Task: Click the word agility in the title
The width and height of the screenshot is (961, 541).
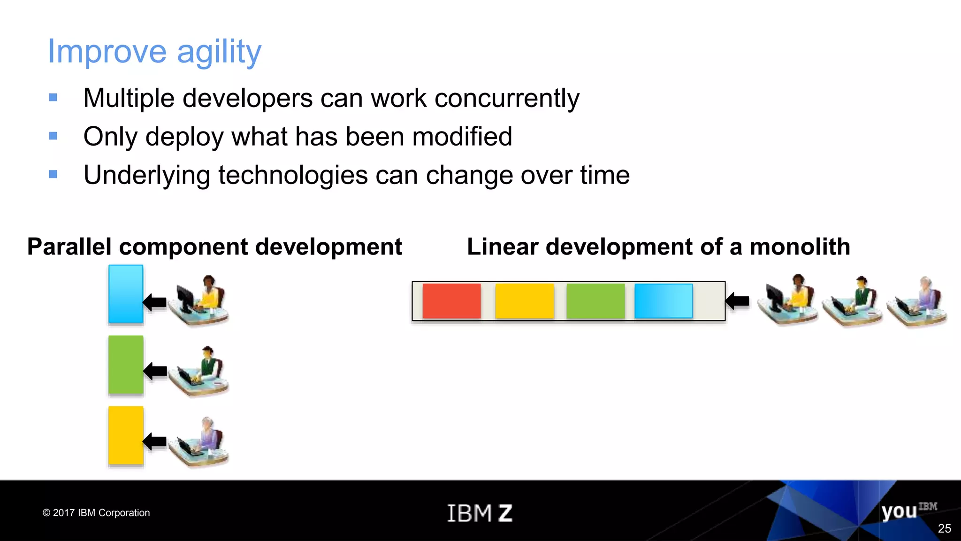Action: pyautogui.click(x=219, y=52)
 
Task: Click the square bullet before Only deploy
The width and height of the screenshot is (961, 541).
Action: pyautogui.click(x=53, y=136)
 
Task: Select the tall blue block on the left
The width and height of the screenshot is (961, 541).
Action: pyautogui.click(x=126, y=294)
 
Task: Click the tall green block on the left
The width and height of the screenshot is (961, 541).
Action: pyautogui.click(x=126, y=364)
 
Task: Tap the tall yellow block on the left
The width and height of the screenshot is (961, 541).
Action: pyautogui.click(x=126, y=435)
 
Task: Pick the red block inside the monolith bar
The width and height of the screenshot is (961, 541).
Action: pyautogui.click(x=451, y=301)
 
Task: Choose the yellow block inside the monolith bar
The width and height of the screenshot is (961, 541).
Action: pyautogui.click(x=524, y=301)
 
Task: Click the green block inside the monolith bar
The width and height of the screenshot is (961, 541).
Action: pyautogui.click(x=595, y=301)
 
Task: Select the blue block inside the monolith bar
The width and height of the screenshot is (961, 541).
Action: pyautogui.click(x=663, y=301)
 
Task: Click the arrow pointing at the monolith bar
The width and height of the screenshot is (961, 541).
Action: pyautogui.click(x=737, y=301)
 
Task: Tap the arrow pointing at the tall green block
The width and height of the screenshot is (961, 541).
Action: pyautogui.click(x=155, y=371)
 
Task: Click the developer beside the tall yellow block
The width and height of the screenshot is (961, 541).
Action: pyautogui.click(x=199, y=441)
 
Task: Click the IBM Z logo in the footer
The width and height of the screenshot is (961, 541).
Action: pyautogui.click(x=480, y=513)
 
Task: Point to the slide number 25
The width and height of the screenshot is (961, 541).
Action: pyautogui.click(x=944, y=528)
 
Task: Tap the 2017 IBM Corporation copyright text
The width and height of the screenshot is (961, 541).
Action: pyautogui.click(x=96, y=513)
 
